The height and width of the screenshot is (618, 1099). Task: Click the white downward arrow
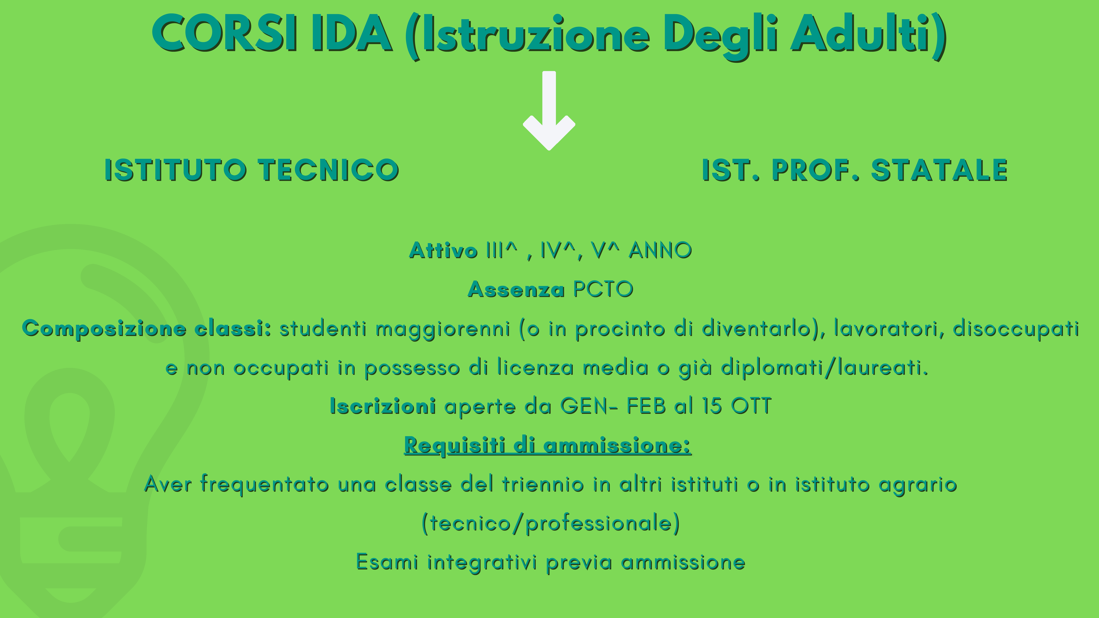(x=549, y=111)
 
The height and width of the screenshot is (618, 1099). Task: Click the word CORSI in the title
(x=225, y=34)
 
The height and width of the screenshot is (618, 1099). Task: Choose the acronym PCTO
(x=603, y=289)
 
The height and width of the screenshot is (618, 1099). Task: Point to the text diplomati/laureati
(x=824, y=367)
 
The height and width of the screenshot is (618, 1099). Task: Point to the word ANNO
(x=660, y=250)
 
